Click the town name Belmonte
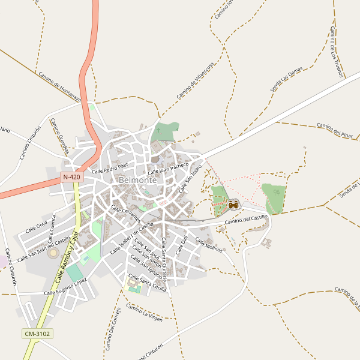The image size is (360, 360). (138, 180)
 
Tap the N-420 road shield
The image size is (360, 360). (71, 178)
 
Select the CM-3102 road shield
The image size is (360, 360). (37, 334)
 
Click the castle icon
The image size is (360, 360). (233, 205)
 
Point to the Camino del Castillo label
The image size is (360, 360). (246, 220)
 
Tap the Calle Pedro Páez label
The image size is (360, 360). (110, 167)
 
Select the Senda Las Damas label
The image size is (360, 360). (286, 79)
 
